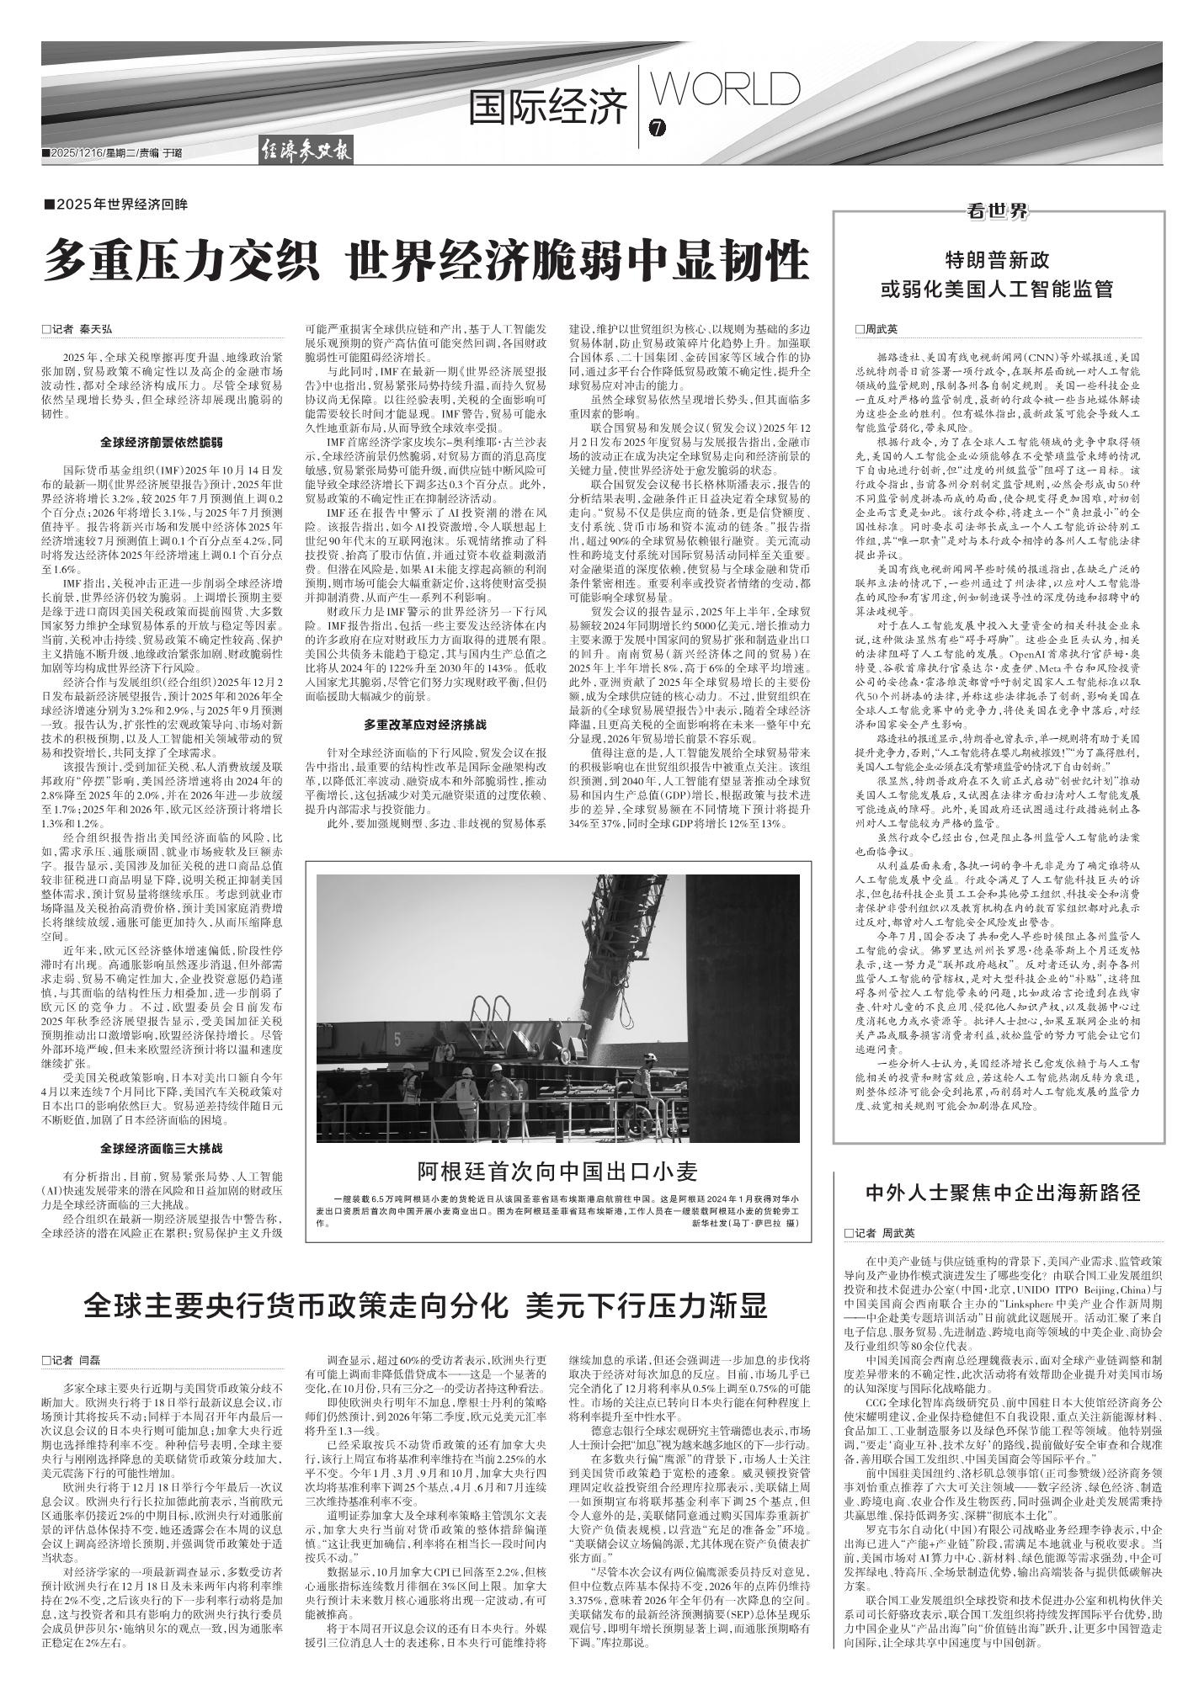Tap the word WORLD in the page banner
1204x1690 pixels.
727,90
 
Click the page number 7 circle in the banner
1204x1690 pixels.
658,129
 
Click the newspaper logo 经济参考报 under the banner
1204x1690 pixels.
305,153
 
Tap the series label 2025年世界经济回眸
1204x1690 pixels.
116,205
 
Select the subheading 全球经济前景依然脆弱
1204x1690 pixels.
161,442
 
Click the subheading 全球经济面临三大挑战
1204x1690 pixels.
161,1147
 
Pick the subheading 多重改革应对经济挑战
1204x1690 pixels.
425,724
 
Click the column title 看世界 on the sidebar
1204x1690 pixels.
998,212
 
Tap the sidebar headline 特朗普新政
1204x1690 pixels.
997,259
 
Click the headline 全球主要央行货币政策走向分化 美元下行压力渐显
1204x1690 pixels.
425,1306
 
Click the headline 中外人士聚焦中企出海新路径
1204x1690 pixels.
1003,1193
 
